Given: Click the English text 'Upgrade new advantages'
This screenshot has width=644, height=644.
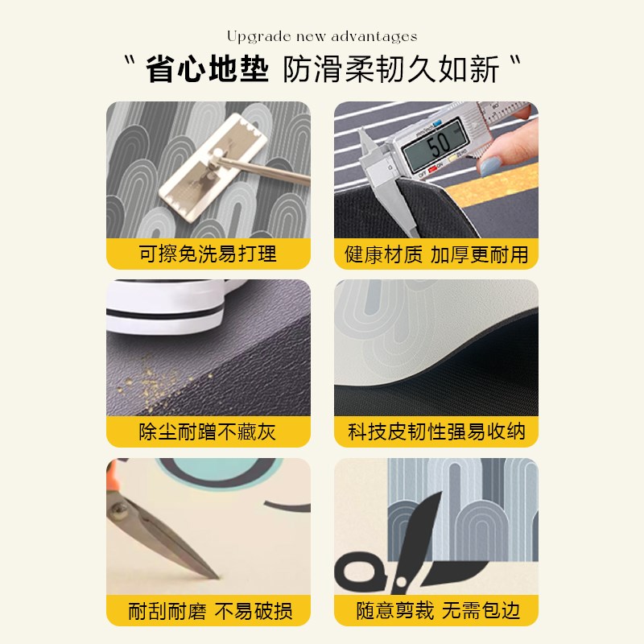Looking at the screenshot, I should click(x=322, y=36).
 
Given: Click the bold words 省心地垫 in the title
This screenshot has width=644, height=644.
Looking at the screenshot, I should click(x=207, y=70).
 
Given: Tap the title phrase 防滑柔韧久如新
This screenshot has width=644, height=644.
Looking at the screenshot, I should click(x=391, y=70).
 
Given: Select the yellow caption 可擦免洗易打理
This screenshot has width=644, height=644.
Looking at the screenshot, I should click(x=208, y=254).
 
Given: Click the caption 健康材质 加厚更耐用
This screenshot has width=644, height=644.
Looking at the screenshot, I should click(x=436, y=254).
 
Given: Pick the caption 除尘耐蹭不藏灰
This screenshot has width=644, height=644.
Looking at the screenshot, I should click(x=208, y=432).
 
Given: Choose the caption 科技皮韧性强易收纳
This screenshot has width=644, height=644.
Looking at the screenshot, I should click(x=436, y=432).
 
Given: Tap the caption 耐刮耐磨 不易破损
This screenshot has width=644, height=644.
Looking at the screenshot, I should click(x=208, y=611).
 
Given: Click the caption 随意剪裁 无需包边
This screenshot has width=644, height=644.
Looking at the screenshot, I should click(x=436, y=611).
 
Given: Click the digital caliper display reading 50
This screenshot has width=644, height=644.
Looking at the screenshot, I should click(x=437, y=146).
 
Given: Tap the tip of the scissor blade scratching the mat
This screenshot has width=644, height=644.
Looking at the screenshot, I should click(x=216, y=576).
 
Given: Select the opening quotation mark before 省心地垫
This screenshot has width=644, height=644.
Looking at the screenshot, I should click(x=129, y=63).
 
